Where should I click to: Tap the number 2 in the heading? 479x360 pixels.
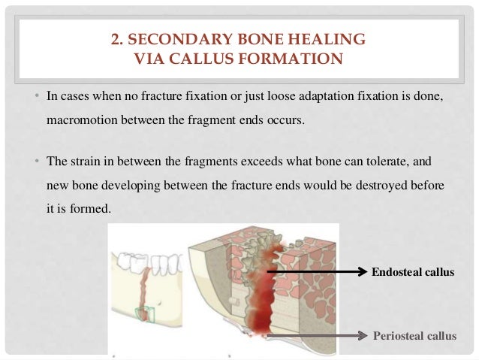115,38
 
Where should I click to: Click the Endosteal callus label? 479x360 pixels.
413,272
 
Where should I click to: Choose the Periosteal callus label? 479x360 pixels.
414,335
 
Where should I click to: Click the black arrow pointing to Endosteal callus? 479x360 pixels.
315,271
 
